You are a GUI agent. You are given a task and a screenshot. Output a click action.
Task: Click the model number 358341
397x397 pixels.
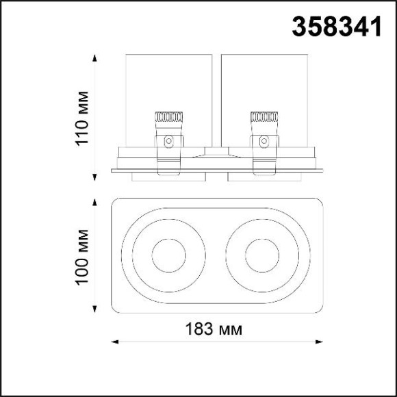[x=337, y=26]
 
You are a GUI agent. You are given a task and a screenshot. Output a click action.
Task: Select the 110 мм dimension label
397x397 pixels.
[x=83, y=118]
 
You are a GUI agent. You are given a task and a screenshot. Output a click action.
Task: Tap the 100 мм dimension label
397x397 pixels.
[x=83, y=257]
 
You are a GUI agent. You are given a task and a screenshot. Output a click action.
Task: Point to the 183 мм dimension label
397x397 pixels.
[x=214, y=329]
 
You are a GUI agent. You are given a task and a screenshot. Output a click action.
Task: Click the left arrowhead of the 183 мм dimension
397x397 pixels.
[x=115, y=342]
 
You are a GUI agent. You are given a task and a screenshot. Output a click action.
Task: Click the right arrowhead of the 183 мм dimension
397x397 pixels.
[x=319, y=342]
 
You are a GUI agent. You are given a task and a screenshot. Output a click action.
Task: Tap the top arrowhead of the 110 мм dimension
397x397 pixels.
[x=94, y=57]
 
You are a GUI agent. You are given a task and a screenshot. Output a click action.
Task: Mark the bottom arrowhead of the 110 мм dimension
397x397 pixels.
[x=94, y=177]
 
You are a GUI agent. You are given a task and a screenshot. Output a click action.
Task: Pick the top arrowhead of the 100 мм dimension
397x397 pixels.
[x=94, y=202]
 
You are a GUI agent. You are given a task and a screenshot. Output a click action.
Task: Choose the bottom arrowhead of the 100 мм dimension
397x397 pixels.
[x=94, y=309]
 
